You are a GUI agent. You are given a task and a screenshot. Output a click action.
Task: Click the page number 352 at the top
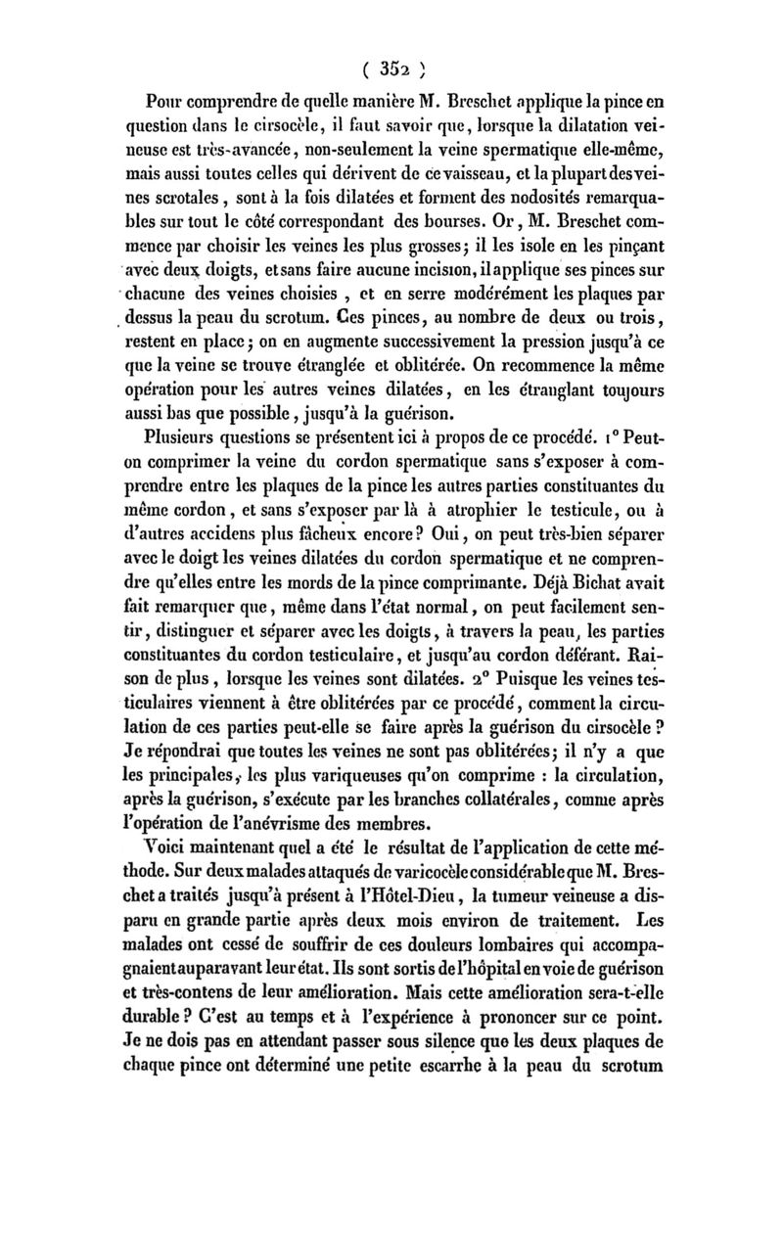pyautogui.click(x=391, y=68)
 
